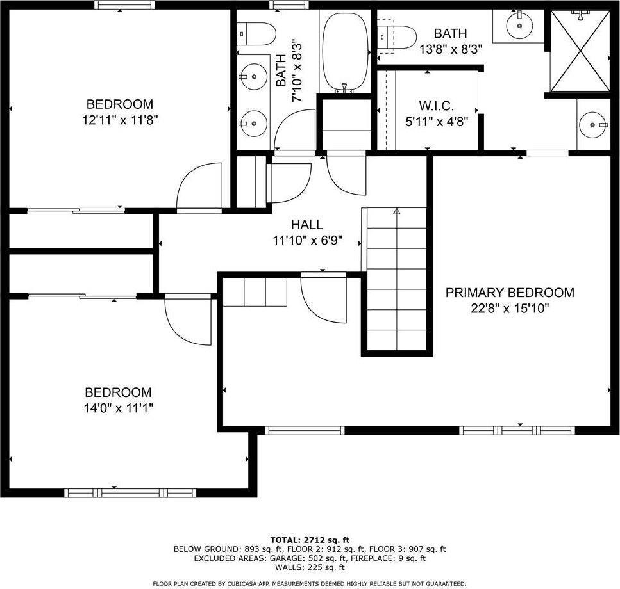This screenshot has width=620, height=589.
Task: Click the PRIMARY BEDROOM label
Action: [510, 293]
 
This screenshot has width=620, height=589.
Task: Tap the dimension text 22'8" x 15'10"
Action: [510, 309]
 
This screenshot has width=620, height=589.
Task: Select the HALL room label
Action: [307, 225]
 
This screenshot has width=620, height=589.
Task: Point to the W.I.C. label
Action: [437, 106]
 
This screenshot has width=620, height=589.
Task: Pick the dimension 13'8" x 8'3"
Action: [450, 49]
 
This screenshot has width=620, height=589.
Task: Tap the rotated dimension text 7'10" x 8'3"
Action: [297, 70]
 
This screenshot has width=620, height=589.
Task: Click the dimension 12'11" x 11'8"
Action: [120, 119]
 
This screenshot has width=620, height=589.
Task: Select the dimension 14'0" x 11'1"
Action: [119, 408]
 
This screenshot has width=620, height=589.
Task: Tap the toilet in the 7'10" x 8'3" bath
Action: [256, 33]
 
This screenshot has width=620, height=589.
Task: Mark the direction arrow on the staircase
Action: [396, 211]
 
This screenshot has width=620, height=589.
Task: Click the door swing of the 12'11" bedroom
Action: [199, 187]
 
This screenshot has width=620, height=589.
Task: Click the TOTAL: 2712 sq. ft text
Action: [310, 540]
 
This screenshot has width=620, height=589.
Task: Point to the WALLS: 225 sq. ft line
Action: [310, 567]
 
